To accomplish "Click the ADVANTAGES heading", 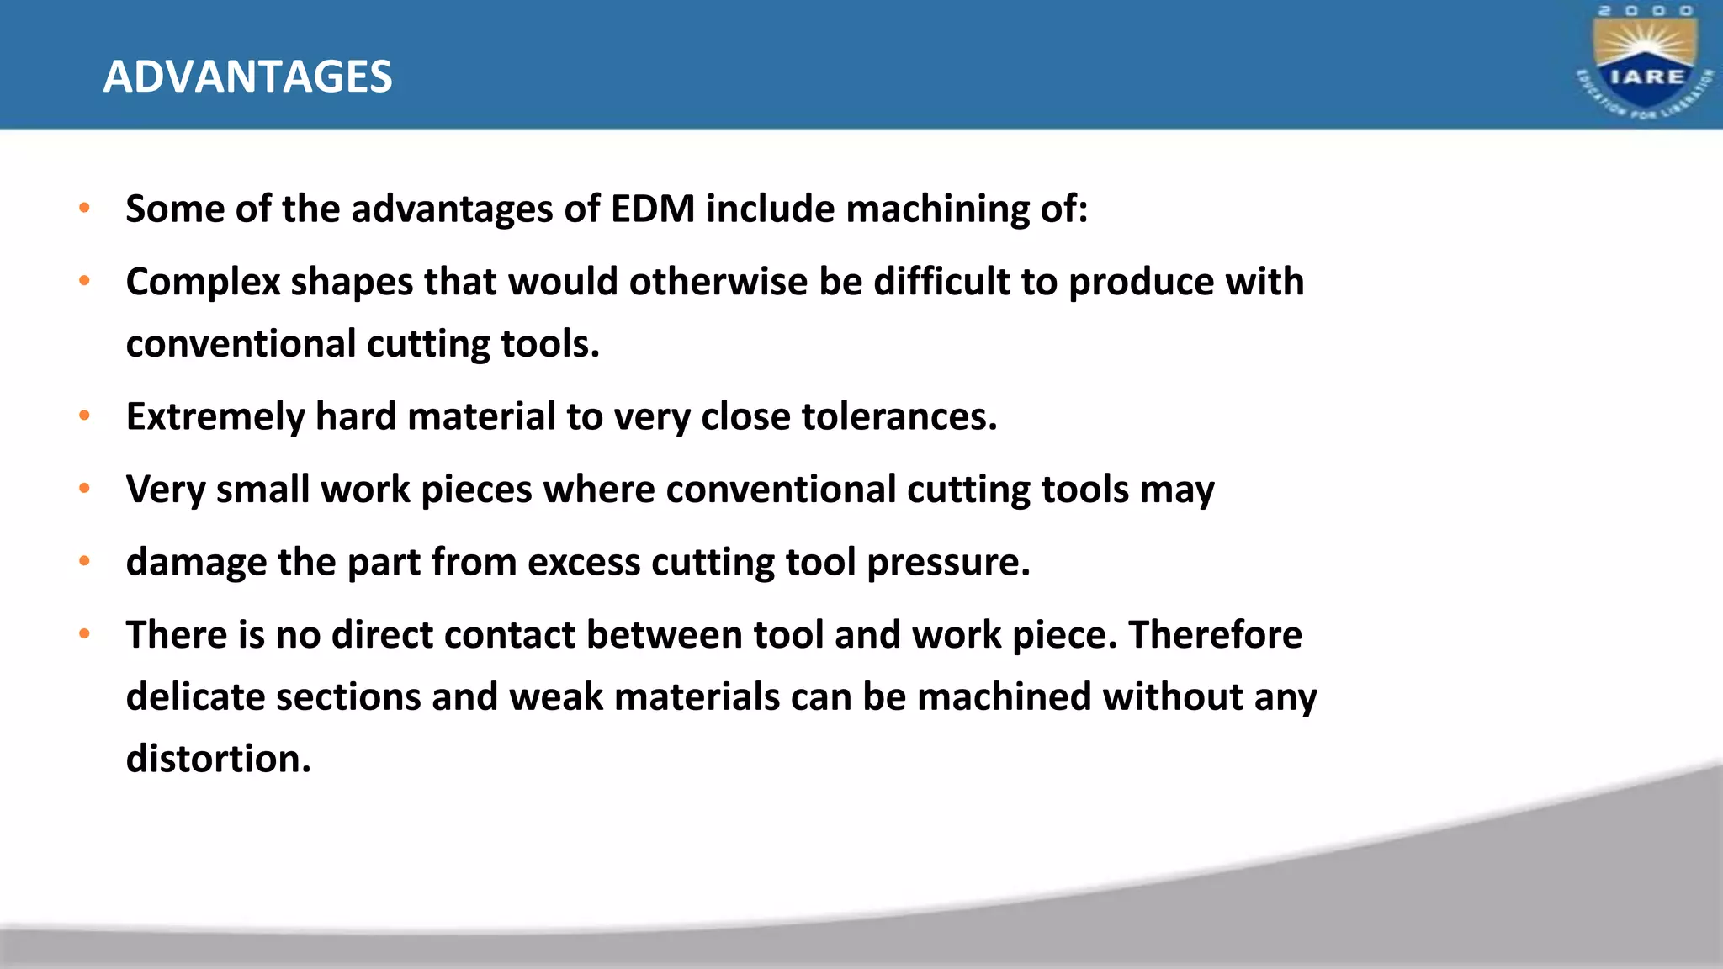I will pos(247,77).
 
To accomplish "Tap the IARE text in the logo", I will pos(1646,77).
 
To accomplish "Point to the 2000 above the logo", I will pos(1646,11).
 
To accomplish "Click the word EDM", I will pos(653,209).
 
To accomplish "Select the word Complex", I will pos(203,282).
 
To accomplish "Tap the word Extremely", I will pos(215,416).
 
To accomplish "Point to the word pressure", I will pos(948,562).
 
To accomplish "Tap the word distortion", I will pos(218,759).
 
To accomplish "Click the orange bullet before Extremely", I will pos(84,416).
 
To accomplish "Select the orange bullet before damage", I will pos(84,561).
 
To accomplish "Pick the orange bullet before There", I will pos(84,633).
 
